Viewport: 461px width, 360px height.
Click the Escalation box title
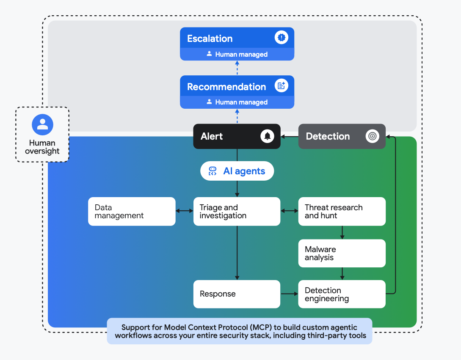coord(210,38)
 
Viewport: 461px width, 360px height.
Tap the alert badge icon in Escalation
coord(281,38)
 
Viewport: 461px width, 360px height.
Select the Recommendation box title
coord(226,87)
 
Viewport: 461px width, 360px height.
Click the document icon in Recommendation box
coord(281,86)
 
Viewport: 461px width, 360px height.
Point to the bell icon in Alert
coord(267,136)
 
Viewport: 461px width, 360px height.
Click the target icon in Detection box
coord(372,136)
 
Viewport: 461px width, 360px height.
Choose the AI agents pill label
coord(244,171)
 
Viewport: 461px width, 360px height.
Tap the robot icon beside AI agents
coord(213,171)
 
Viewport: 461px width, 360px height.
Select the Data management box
coord(132,212)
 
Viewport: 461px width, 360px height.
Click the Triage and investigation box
coord(237,212)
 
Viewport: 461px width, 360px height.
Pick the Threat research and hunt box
coord(342,212)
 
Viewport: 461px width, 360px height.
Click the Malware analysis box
coord(342,253)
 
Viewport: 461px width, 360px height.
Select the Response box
coord(237,294)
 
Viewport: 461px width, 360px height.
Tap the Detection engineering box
coord(342,294)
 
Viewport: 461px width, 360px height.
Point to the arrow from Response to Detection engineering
coord(289,294)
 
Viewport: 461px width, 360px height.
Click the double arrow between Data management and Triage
coord(185,211)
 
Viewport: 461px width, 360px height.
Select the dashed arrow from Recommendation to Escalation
coord(237,68)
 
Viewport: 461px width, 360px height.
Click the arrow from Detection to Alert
coord(290,136)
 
